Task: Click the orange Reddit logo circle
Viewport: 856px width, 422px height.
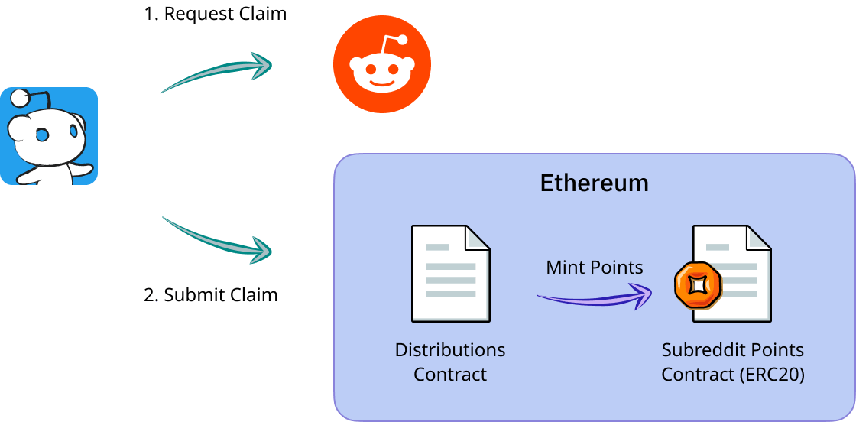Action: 381,64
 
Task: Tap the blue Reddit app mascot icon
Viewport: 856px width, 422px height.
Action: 49,136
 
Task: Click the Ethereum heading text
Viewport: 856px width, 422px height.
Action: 594,183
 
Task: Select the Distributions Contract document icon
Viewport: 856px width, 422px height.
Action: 450,274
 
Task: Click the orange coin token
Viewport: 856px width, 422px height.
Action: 697,284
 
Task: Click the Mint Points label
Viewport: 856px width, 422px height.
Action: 594,268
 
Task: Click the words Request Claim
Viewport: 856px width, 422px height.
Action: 226,15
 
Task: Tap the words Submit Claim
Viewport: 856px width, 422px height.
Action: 222,294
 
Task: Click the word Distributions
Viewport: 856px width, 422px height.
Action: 450,350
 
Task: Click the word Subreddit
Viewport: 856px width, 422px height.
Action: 696,350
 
